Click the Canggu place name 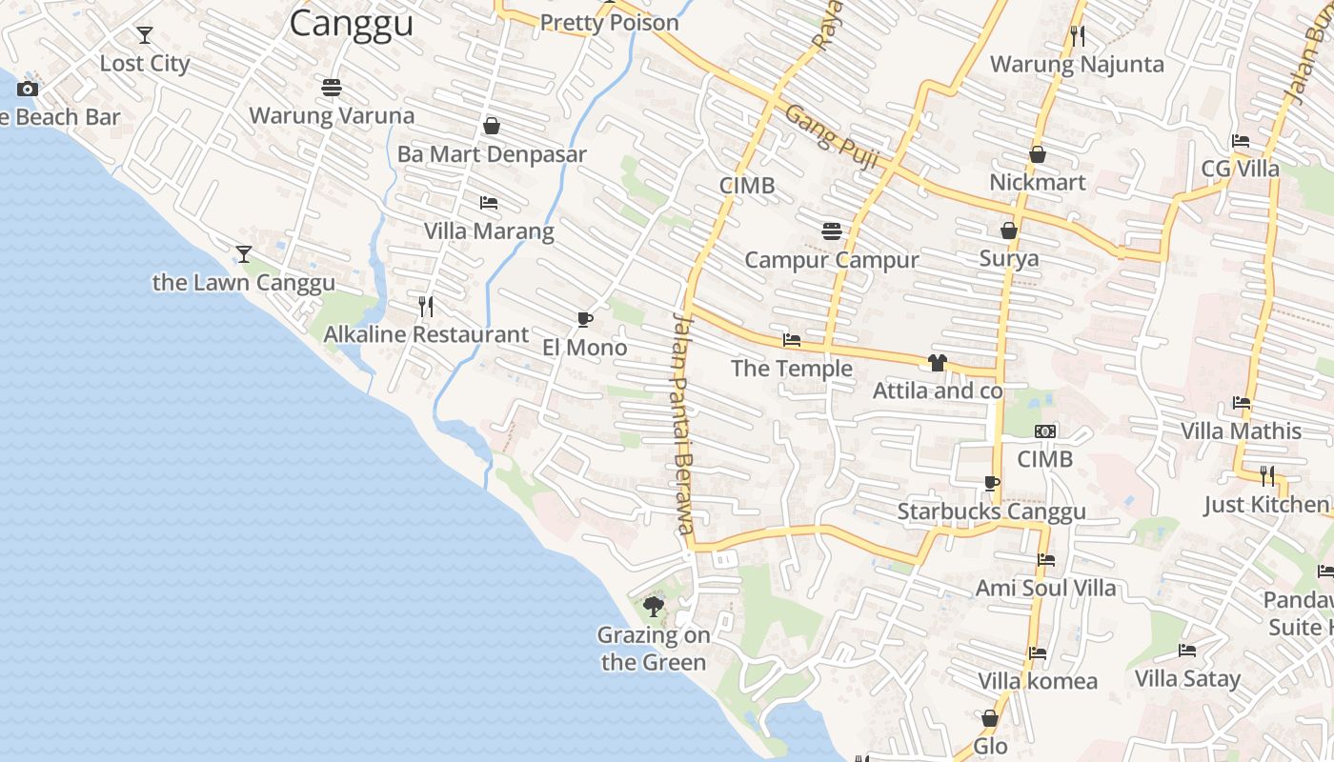click(x=351, y=23)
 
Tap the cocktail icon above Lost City click(x=145, y=35)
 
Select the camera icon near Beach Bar click(x=28, y=89)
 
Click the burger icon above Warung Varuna click(x=332, y=88)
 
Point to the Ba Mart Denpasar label click(x=492, y=153)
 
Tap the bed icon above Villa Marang click(x=489, y=203)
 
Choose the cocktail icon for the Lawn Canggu click(x=244, y=253)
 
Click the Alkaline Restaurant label click(x=426, y=334)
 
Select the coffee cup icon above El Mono click(x=585, y=319)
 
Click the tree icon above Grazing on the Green click(x=654, y=606)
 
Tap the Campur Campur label click(x=832, y=260)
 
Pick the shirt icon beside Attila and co click(x=938, y=363)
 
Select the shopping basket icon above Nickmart click(x=1038, y=154)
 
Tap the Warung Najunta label click(x=1078, y=64)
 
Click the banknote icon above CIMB click(x=1045, y=431)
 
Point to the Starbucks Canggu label click(x=992, y=511)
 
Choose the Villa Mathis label click(x=1242, y=431)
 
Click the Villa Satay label click(x=1187, y=678)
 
